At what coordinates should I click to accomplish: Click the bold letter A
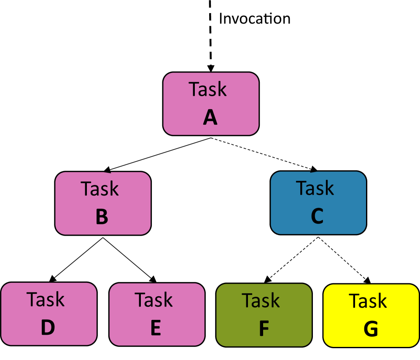point(210,118)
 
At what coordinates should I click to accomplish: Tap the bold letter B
point(102,217)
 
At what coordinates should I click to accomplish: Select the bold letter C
point(317,216)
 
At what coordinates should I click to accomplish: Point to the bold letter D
point(48,328)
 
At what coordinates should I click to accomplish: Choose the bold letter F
point(264,329)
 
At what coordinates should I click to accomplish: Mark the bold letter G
point(371,330)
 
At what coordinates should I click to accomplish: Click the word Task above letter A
point(207,89)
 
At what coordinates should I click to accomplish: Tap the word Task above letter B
point(100,189)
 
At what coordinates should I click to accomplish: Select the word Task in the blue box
point(315,188)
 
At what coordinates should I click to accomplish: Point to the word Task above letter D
point(46,300)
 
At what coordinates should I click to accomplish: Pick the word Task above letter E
point(153,300)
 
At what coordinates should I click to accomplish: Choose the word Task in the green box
point(261,301)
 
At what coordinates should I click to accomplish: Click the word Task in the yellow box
point(368,301)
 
